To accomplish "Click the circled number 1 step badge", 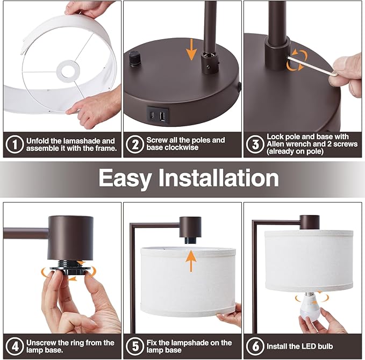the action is coord(15,145).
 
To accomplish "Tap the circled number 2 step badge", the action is coord(135,145).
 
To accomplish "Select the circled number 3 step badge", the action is coord(255,145).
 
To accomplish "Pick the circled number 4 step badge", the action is coord(15,346).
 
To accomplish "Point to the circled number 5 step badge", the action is coord(135,346).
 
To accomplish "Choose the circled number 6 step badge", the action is coord(255,346).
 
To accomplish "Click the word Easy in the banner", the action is coord(125,178).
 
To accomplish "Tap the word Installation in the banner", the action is coord(219,177).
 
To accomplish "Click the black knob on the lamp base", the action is coord(134,59).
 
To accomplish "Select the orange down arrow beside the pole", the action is coord(191,49).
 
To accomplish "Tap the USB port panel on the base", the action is coord(158,115).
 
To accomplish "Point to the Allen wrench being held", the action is coord(311,66).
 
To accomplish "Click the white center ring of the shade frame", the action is coord(68,70).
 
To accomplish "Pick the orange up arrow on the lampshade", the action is coord(191,261).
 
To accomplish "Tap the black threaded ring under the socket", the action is coord(70,268).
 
